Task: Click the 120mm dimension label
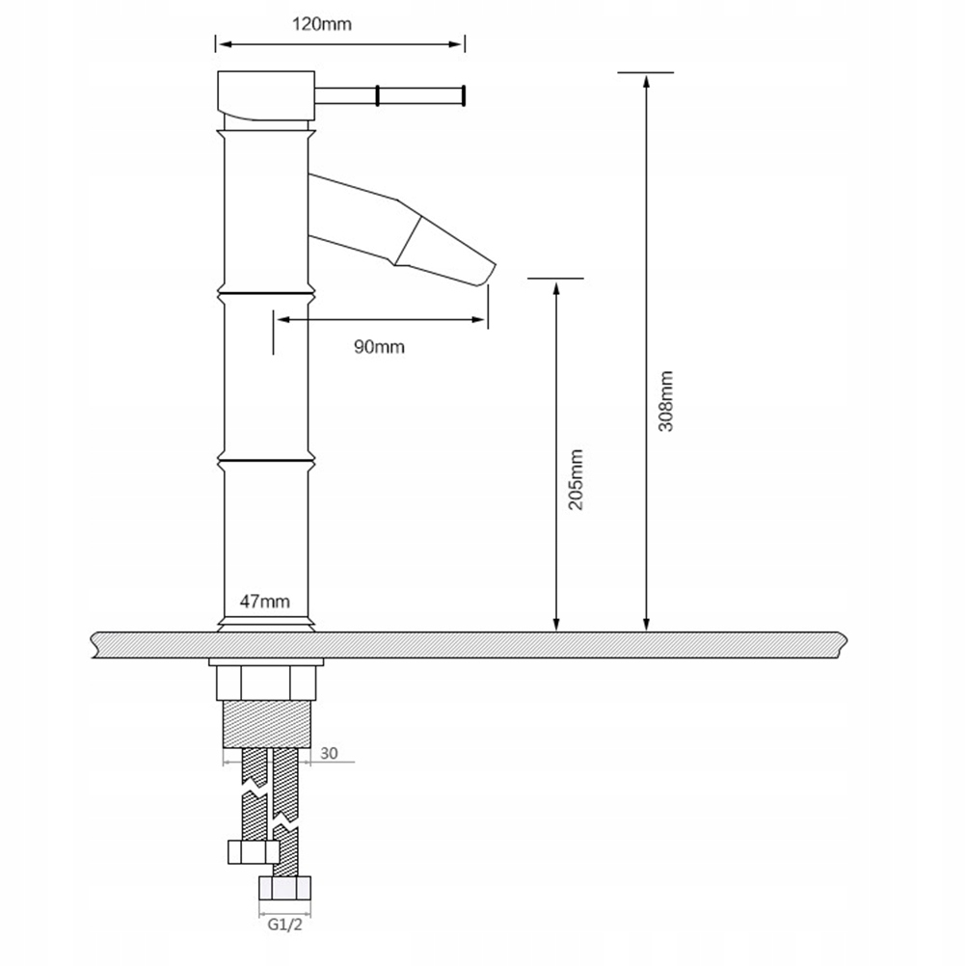coord(322,24)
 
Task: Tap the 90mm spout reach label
coord(379,347)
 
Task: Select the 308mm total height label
coord(665,401)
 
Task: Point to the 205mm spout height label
coord(576,479)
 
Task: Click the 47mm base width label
coord(265,602)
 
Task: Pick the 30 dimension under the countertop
coord(329,753)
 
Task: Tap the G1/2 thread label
coord(285,925)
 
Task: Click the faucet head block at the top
coord(266,95)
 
